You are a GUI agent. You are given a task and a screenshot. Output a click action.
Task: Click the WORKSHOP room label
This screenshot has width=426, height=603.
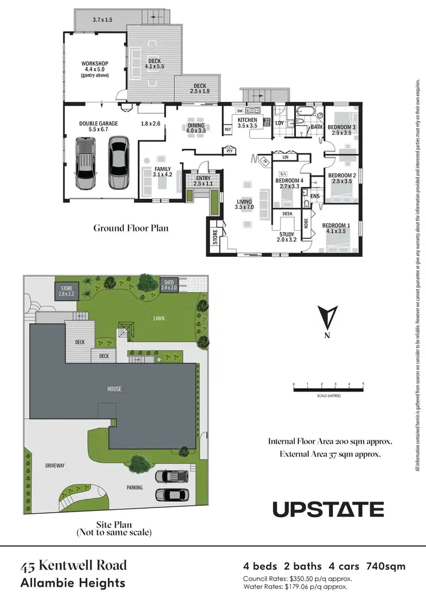pyautogui.click(x=94, y=63)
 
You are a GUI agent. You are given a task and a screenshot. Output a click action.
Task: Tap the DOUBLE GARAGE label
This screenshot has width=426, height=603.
pyautogui.click(x=98, y=123)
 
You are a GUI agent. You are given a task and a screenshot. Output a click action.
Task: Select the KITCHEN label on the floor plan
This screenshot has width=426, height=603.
pyautogui.click(x=247, y=120)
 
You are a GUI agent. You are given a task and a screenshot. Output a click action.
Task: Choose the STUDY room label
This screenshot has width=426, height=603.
pyautogui.click(x=286, y=234)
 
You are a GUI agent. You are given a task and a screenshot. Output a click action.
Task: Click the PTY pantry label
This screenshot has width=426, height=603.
pyautogui.click(x=229, y=151)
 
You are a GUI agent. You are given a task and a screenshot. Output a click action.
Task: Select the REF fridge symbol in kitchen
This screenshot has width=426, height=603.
pyautogui.click(x=228, y=130)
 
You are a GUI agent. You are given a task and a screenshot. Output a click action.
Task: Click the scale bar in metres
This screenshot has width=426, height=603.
pyautogui.click(x=328, y=389)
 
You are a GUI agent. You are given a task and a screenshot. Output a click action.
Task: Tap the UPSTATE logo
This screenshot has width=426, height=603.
pyautogui.click(x=328, y=509)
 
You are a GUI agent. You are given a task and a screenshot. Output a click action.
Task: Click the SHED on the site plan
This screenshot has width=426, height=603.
pyautogui.click(x=169, y=285)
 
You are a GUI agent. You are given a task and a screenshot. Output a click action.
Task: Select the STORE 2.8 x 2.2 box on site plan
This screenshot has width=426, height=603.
pyautogui.click(x=66, y=292)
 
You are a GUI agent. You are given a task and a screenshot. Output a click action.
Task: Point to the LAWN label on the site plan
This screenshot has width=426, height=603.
pyautogui.click(x=158, y=318)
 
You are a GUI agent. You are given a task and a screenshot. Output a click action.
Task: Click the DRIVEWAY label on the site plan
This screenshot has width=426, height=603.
pyautogui.click(x=55, y=465)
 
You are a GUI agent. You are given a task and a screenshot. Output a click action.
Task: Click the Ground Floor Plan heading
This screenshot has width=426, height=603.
pyautogui.click(x=131, y=228)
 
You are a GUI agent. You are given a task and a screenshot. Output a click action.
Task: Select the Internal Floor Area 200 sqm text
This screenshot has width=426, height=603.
pyautogui.click(x=330, y=441)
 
